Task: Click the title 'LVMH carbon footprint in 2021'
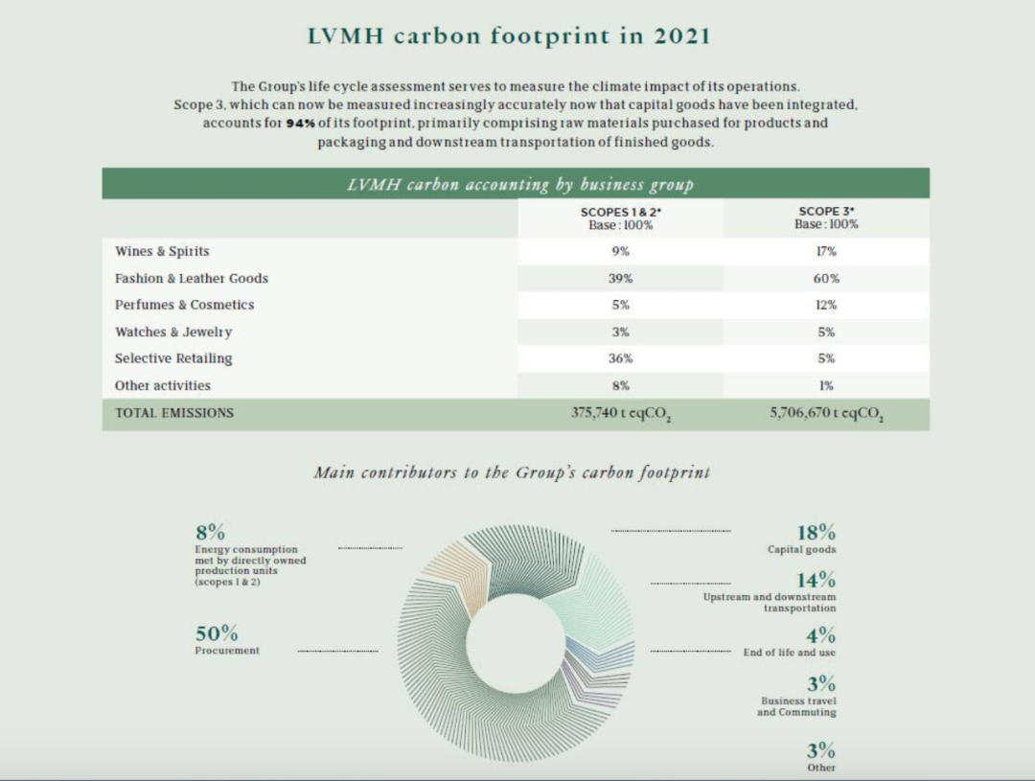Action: click(509, 36)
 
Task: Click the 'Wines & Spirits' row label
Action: click(162, 251)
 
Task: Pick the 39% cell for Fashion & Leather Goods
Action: click(621, 278)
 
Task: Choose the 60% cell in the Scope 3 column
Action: click(826, 278)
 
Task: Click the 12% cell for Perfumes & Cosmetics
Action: click(826, 305)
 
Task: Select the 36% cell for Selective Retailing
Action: click(621, 358)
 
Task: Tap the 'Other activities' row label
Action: click(163, 385)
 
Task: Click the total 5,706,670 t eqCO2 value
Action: click(826, 414)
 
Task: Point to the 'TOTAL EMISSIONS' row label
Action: click(174, 413)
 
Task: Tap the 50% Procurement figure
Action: click(217, 633)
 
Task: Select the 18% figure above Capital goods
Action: click(816, 532)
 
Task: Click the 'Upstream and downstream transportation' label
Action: click(770, 602)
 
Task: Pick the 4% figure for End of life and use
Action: click(820, 635)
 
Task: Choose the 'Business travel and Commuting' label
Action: click(796, 706)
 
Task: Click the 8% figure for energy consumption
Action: click(210, 532)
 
